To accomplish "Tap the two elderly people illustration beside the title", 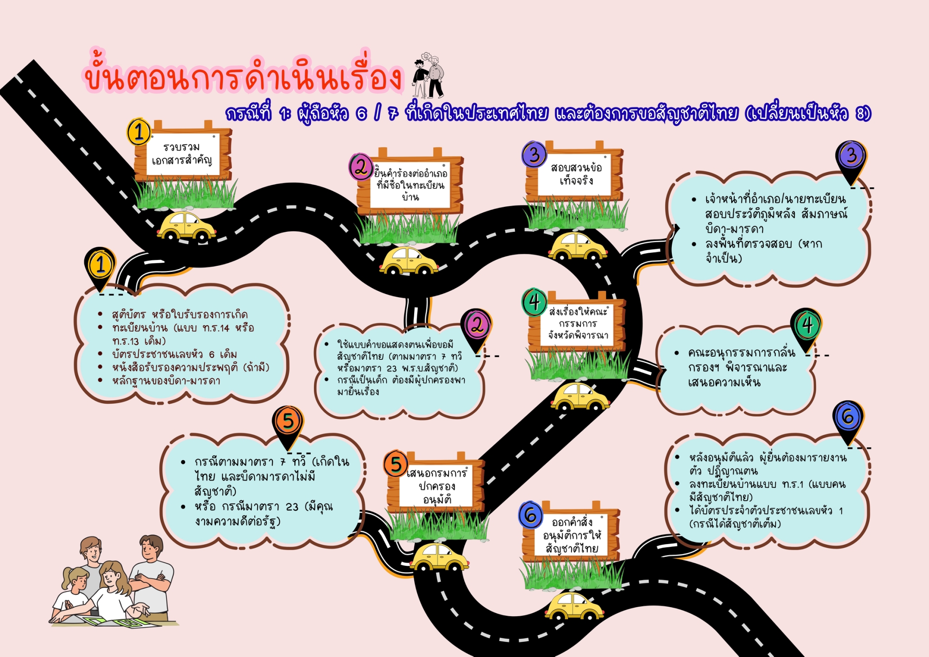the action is click(428, 75).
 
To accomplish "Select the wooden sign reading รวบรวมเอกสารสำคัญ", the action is click(183, 152).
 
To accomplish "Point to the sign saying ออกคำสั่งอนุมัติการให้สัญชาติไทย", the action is click(571, 534).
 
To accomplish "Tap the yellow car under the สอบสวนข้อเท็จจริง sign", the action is click(577, 246).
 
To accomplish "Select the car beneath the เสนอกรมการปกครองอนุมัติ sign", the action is click(439, 557).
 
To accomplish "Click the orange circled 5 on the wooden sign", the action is click(396, 464).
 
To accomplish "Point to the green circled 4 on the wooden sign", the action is click(534, 302).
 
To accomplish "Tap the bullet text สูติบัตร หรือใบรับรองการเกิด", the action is click(180, 314).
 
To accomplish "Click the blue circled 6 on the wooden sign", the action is click(531, 515).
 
